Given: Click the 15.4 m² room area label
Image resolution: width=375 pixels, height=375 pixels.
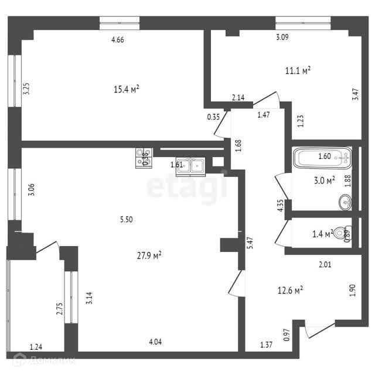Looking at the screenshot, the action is (x=126, y=89).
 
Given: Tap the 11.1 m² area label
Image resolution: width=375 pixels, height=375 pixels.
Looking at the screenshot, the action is (x=298, y=71).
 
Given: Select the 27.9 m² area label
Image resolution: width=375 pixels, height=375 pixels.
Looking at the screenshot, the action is (x=149, y=255).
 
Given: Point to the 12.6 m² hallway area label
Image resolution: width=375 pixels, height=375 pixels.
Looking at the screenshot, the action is (x=289, y=290).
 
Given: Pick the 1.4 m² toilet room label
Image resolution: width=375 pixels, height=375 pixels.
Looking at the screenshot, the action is (x=323, y=234).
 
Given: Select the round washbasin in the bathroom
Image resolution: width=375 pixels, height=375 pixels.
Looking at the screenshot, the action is (x=345, y=202).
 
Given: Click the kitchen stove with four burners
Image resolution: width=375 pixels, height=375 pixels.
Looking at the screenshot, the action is (x=144, y=157).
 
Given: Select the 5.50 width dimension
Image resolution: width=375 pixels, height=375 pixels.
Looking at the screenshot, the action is (x=127, y=220).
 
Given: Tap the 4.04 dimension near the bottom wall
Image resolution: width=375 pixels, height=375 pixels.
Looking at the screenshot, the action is (x=156, y=342).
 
